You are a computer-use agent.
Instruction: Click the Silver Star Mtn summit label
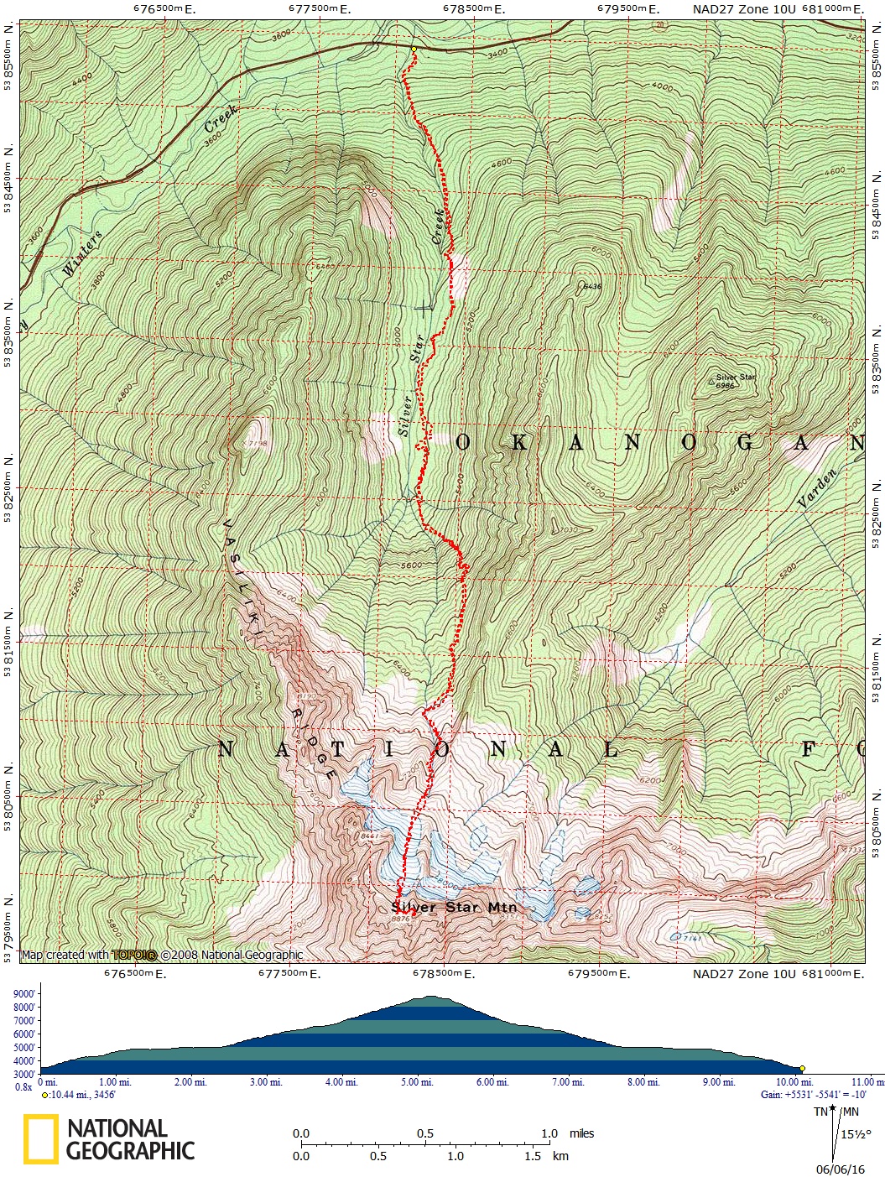454,907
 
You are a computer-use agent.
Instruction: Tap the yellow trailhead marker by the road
414,49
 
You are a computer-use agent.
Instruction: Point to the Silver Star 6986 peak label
735,380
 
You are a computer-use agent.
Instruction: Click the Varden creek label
817,488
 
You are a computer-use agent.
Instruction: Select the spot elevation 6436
591,286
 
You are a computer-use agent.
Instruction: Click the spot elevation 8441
369,836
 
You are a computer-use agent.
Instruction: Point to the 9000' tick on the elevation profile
23,994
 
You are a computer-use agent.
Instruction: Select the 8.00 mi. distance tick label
644,1082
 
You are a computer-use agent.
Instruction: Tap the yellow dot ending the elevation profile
802,1069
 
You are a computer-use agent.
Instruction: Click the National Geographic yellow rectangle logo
41,1139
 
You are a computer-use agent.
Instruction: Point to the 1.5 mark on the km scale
533,1156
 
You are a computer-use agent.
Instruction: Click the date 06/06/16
840,1169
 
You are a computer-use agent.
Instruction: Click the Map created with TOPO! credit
162,955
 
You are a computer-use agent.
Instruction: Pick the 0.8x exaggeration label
24,1086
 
